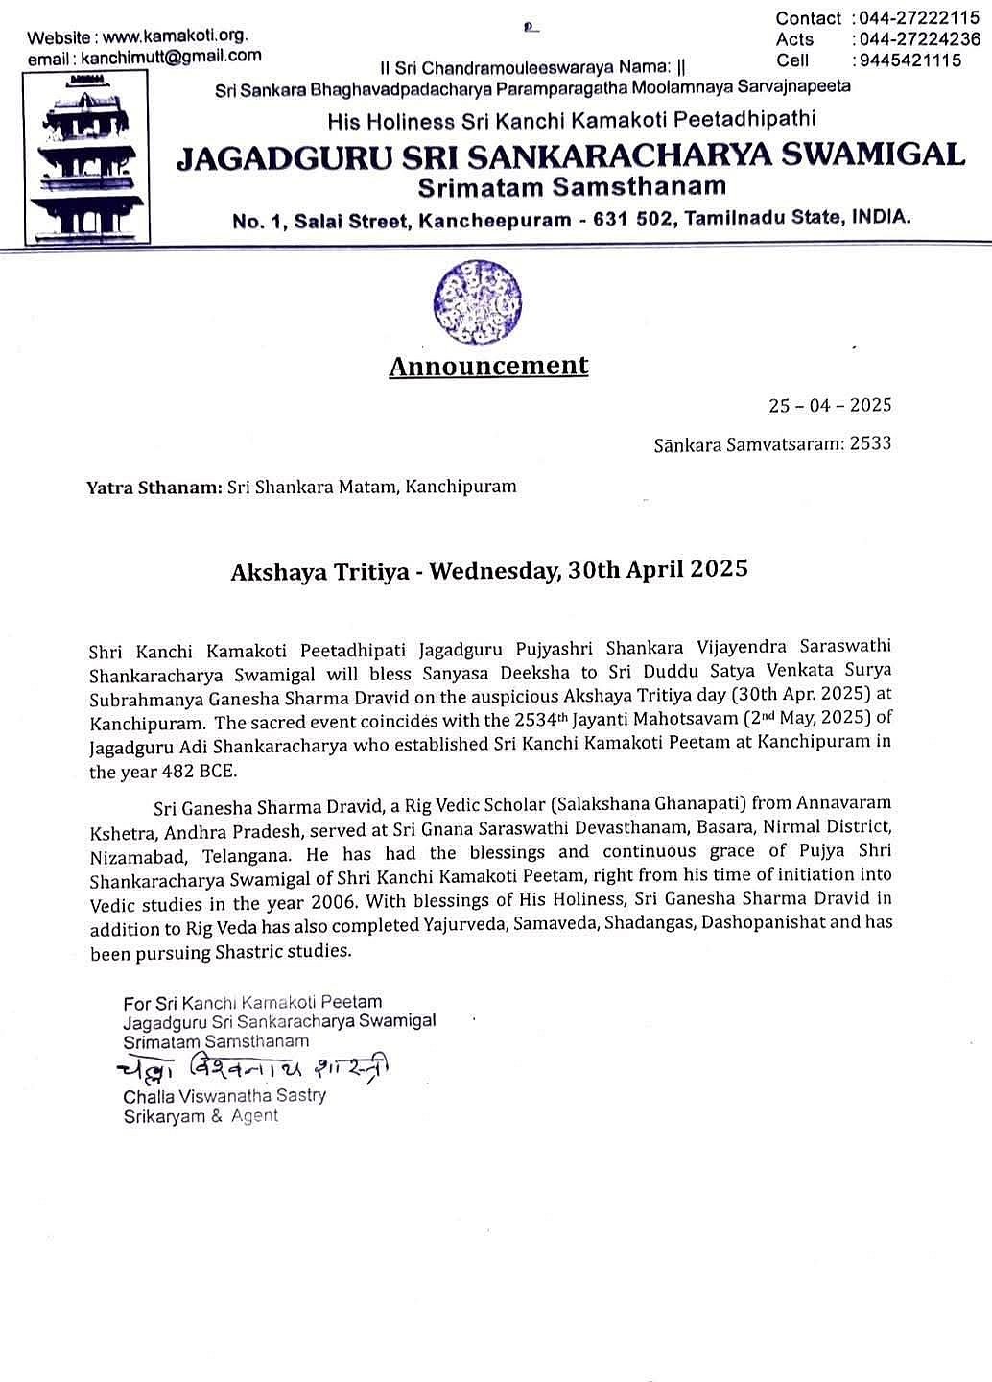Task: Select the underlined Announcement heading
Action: (x=488, y=366)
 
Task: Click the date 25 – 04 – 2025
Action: (x=830, y=405)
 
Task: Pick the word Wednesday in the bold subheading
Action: (x=493, y=571)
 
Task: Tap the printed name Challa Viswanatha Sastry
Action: (x=224, y=1095)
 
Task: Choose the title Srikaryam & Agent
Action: (x=200, y=1116)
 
